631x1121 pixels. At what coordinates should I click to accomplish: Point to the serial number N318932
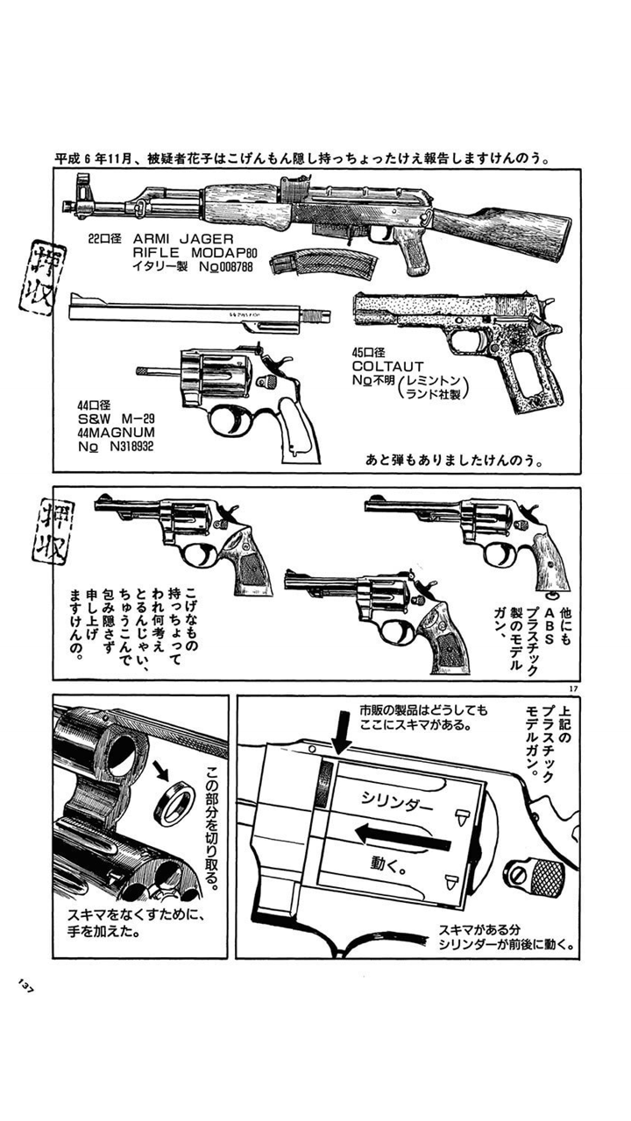coord(131,446)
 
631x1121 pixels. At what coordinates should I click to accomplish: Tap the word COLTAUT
coord(387,366)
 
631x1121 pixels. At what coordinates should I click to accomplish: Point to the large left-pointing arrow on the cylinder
coord(403,835)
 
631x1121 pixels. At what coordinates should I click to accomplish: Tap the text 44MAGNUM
coord(116,433)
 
